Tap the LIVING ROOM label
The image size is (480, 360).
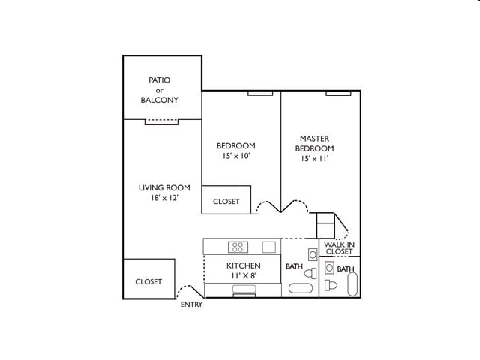164,187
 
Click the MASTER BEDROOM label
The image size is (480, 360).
315,143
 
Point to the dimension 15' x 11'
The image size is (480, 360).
315,159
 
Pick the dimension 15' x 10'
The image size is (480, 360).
236,156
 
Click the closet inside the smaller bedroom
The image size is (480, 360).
226,200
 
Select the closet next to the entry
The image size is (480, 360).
148,280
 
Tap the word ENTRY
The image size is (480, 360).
191,304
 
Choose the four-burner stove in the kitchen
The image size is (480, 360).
238,247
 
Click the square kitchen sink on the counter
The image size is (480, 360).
268,247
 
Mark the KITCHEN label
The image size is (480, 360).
244,265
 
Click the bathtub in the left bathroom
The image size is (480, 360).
301,288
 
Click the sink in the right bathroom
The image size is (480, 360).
329,268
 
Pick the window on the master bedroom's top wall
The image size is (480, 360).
338,93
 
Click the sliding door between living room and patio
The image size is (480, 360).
161,121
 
